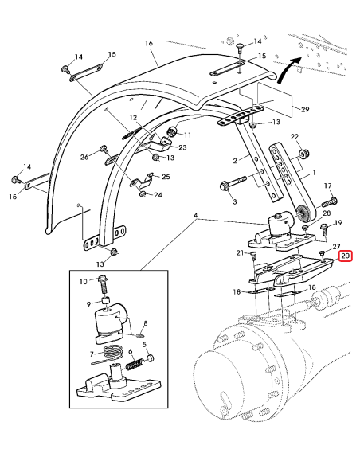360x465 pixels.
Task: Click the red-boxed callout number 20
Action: tap(345, 256)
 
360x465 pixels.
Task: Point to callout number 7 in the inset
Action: tap(92, 354)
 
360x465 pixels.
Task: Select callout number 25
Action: tap(166, 176)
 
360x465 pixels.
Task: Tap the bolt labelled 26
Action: tap(104, 149)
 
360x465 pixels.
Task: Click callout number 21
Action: tap(239, 253)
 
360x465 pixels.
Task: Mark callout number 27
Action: tap(336, 247)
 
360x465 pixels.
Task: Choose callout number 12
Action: tap(134, 117)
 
